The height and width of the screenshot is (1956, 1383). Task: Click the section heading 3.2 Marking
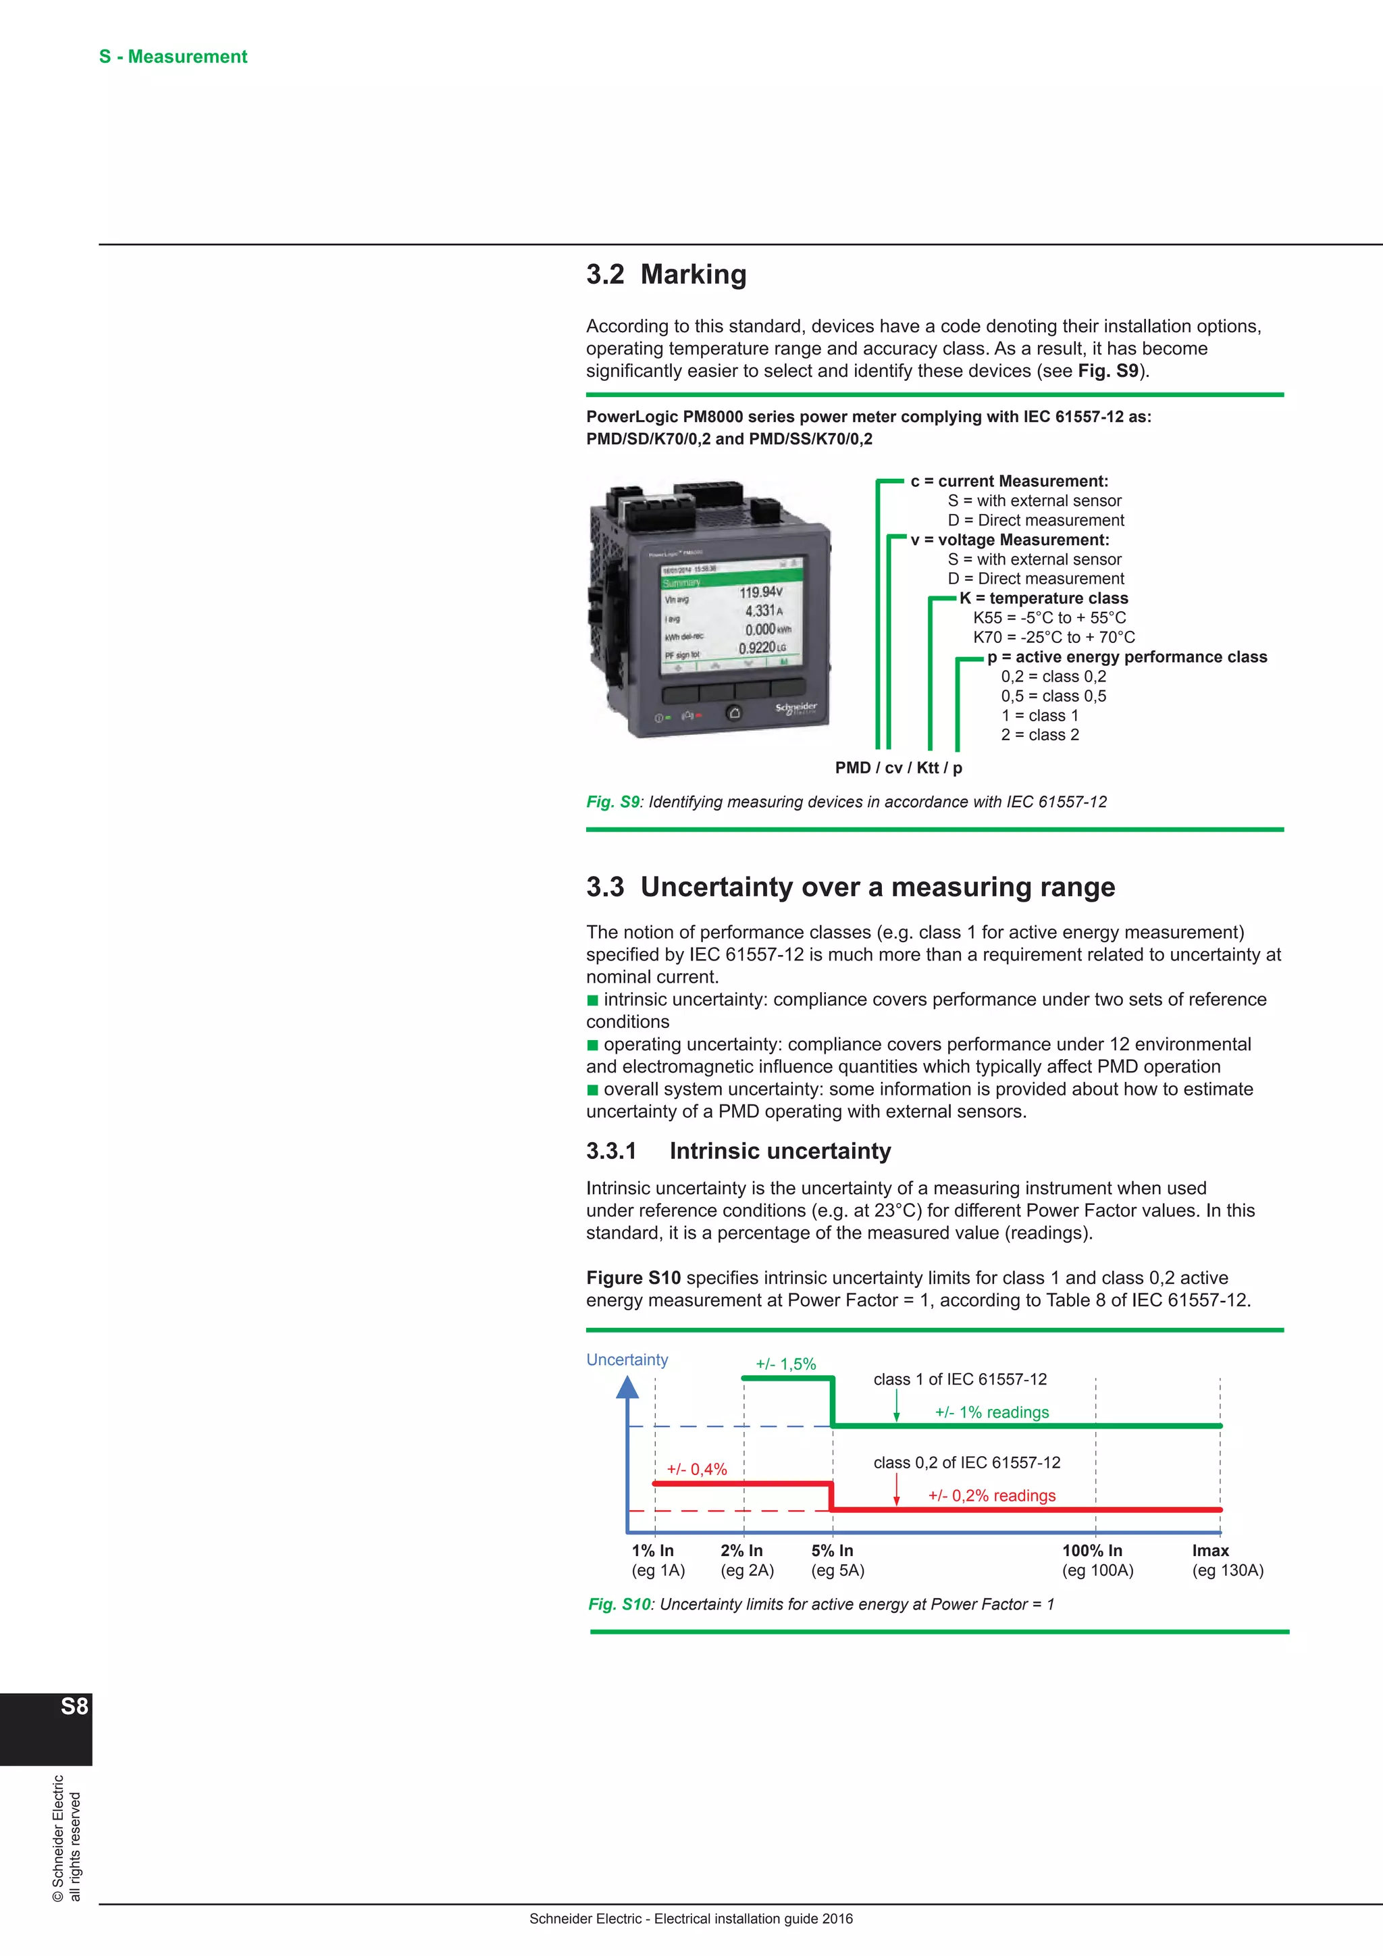(666, 274)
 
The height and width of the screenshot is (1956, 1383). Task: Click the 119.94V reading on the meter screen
(760, 592)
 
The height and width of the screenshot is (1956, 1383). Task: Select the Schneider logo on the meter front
(795, 708)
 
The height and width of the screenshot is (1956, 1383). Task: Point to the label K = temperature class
(1043, 598)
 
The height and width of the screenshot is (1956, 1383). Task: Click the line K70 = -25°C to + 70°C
(1053, 637)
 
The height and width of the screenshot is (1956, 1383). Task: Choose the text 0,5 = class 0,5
(1053, 696)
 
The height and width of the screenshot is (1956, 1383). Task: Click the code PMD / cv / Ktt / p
(898, 767)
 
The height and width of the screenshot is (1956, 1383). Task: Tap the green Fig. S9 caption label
(612, 802)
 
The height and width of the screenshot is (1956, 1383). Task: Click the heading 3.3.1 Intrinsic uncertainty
(738, 1151)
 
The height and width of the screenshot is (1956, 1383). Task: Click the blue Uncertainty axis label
(627, 1360)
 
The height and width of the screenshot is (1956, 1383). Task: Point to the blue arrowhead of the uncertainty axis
(627, 1388)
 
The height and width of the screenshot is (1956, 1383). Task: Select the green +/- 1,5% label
(785, 1364)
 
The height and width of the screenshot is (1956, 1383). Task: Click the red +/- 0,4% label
(697, 1470)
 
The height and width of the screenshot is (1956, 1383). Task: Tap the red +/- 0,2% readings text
(991, 1496)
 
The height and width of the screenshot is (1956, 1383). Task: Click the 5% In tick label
(832, 1551)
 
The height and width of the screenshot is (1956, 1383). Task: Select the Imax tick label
(1210, 1551)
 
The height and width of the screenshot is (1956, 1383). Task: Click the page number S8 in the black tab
(74, 1706)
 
